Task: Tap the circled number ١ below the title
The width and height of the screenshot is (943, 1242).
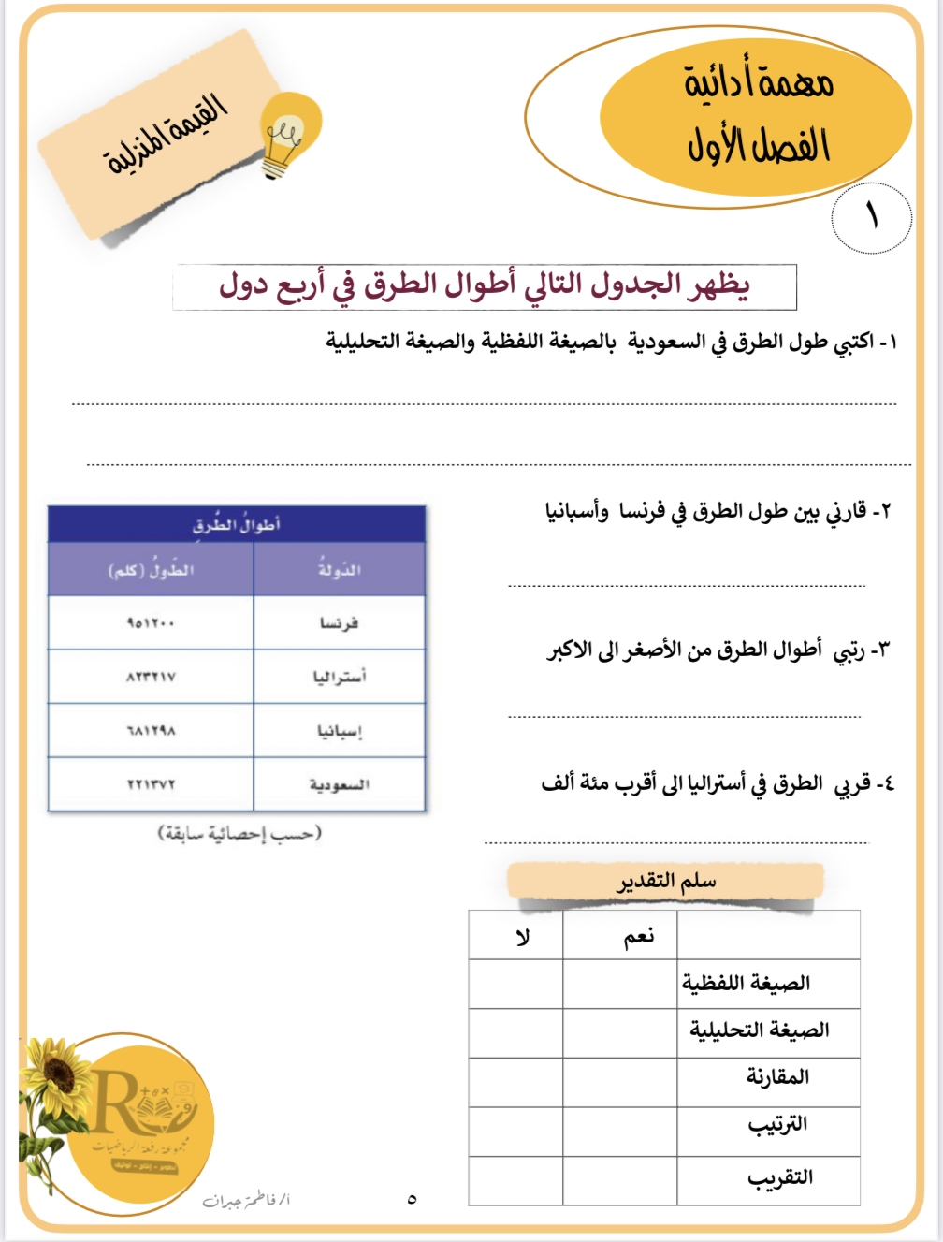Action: (x=871, y=217)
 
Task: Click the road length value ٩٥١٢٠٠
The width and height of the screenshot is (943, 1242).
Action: (x=151, y=623)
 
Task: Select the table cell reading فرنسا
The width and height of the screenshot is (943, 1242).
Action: (x=339, y=623)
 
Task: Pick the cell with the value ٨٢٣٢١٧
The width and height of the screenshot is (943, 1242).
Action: (x=151, y=677)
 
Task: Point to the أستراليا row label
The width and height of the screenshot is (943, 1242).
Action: (x=339, y=677)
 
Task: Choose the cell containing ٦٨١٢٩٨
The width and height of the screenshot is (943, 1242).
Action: (x=151, y=731)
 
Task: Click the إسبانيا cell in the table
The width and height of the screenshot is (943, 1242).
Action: (x=339, y=731)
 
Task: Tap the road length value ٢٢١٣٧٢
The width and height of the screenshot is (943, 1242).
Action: (x=151, y=784)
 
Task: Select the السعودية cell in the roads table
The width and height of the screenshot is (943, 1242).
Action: (x=339, y=784)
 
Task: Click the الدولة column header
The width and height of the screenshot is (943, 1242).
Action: (x=339, y=569)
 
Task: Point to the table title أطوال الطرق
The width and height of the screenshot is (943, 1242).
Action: (x=237, y=525)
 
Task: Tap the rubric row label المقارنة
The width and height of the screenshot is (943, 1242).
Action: (x=776, y=1077)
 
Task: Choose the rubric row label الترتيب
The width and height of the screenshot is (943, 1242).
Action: (x=776, y=1125)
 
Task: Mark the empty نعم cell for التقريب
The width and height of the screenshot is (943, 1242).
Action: (x=619, y=1180)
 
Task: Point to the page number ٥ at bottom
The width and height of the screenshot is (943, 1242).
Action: (x=412, y=1199)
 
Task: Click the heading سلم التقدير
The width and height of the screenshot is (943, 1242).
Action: (x=666, y=882)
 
